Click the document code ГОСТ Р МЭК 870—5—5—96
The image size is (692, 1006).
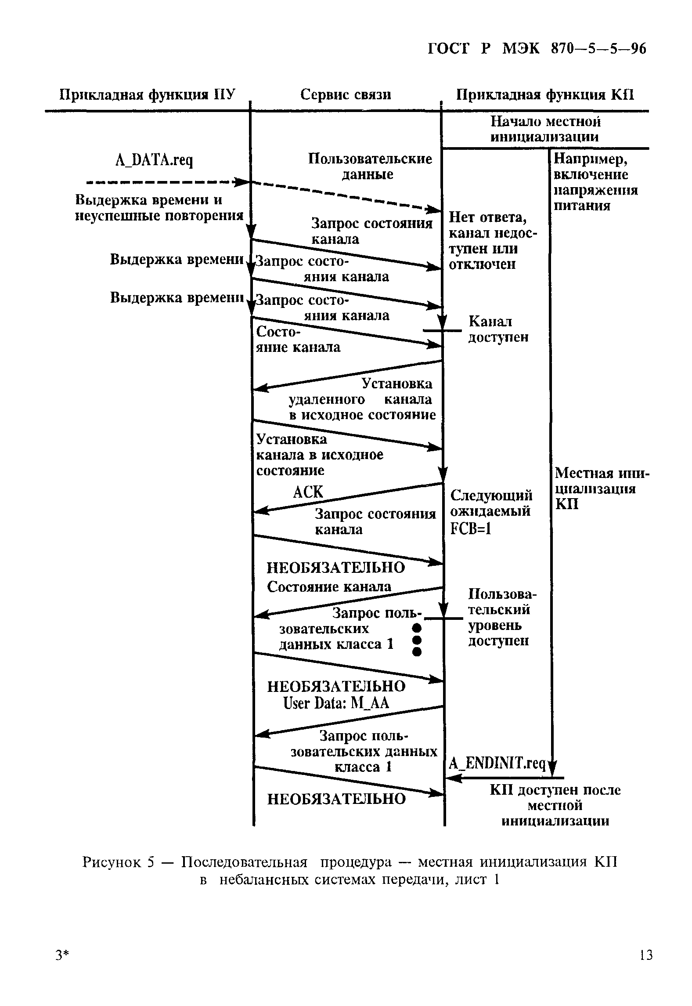(537, 49)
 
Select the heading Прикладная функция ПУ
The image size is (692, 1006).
(147, 95)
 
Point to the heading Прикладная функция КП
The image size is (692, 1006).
(545, 95)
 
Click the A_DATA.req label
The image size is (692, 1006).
(154, 161)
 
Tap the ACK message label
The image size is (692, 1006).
(308, 492)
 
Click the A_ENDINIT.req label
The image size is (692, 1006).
(496, 764)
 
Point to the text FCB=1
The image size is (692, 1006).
(470, 529)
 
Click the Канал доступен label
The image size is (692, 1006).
(498, 329)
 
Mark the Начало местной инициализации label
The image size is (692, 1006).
(545, 129)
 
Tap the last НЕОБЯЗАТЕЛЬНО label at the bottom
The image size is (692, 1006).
(336, 799)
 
